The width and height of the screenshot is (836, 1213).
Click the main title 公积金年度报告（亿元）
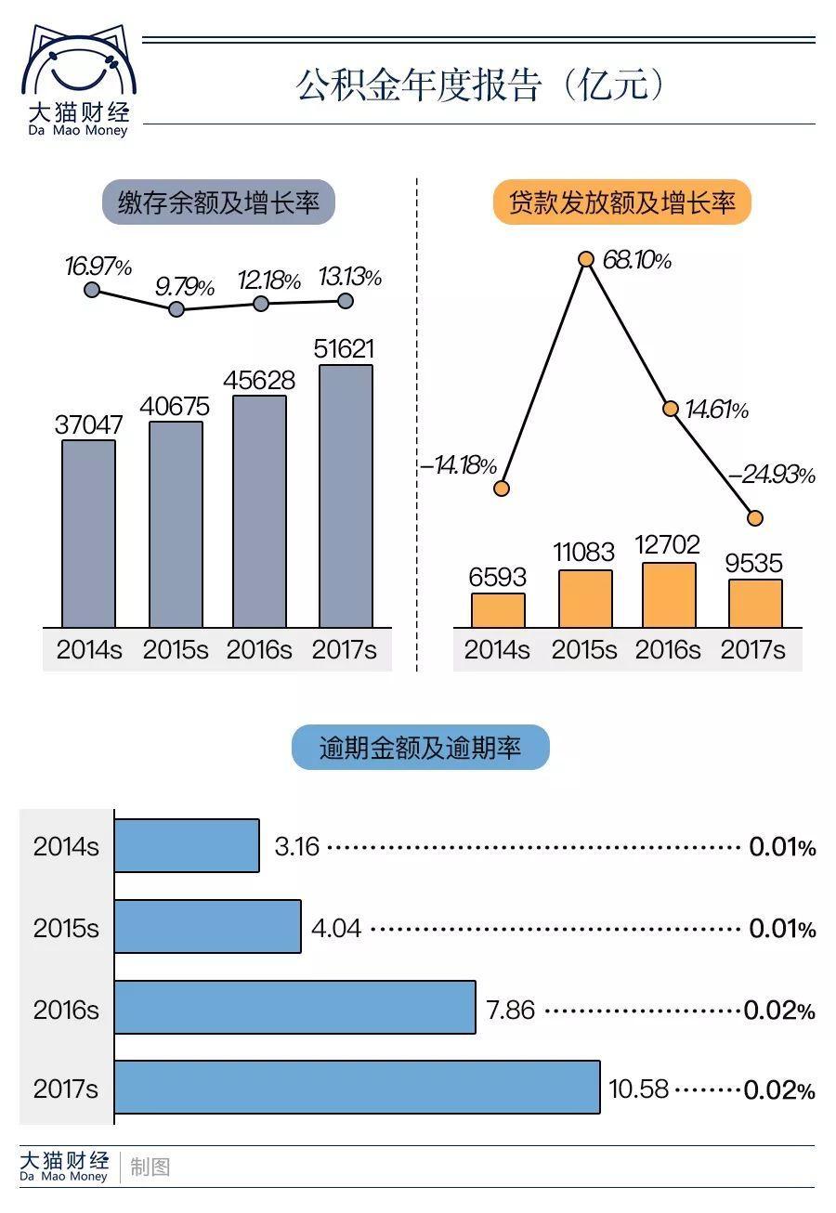click(x=481, y=85)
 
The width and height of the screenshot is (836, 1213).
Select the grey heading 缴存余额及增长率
click(x=218, y=202)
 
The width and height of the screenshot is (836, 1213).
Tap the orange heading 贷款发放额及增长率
click(x=621, y=202)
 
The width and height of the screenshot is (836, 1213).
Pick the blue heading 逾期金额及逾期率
click(x=420, y=748)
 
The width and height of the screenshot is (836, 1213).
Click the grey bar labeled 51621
click(x=346, y=496)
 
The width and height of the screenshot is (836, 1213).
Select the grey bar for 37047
click(x=89, y=534)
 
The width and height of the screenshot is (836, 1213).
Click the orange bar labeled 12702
click(x=669, y=595)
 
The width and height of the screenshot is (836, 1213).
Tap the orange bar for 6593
click(x=498, y=610)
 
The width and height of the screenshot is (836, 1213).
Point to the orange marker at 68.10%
click(x=586, y=259)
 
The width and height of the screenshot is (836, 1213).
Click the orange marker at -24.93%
click(x=755, y=517)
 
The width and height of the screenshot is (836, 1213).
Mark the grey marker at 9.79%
click(x=176, y=308)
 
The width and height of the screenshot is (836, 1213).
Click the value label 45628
click(x=260, y=381)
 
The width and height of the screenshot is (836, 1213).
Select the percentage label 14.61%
click(x=717, y=410)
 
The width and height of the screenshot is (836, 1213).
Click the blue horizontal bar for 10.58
click(x=358, y=1087)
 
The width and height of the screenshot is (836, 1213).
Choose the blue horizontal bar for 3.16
click(x=187, y=845)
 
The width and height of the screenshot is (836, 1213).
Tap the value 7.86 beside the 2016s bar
click(x=511, y=1010)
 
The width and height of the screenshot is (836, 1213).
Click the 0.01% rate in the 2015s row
click(x=782, y=928)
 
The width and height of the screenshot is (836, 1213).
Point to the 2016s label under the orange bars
click(x=668, y=649)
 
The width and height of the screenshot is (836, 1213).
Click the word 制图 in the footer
click(x=150, y=1167)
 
